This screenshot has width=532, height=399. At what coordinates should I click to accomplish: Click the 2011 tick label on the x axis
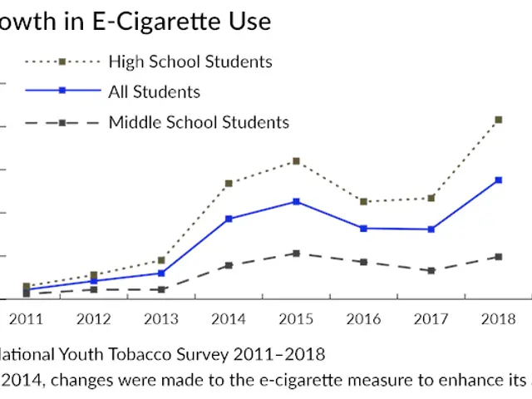click(26, 319)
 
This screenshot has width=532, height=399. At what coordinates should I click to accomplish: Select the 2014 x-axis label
click(228, 319)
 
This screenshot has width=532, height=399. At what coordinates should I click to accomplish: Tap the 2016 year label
click(363, 319)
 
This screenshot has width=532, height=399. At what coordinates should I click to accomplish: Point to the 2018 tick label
click(498, 319)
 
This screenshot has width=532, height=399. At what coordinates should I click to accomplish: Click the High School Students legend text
click(190, 62)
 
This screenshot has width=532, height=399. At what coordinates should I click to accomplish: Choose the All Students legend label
click(154, 91)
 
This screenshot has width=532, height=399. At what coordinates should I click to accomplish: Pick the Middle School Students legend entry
click(199, 122)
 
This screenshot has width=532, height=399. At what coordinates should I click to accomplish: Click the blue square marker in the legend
click(62, 91)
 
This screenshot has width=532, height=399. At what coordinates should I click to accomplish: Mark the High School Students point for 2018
click(498, 120)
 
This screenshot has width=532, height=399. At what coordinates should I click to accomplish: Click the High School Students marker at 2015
click(295, 160)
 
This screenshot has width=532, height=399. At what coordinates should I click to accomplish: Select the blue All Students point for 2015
click(295, 201)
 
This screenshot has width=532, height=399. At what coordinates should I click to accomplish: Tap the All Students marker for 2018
click(498, 180)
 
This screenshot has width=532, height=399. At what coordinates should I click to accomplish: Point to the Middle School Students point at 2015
click(295, 253)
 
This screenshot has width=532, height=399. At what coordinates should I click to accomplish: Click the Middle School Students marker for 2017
click(431, 270)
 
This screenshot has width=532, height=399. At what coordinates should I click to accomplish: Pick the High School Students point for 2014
click(228, 183)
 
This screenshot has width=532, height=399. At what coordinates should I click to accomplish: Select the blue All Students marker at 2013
click(160, 273)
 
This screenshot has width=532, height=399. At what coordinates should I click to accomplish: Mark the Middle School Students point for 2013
click(160, 289)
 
